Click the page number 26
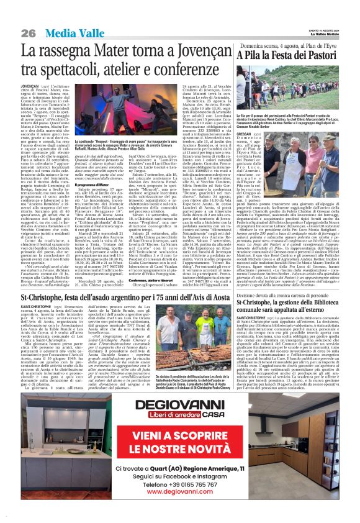click(27, 32)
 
